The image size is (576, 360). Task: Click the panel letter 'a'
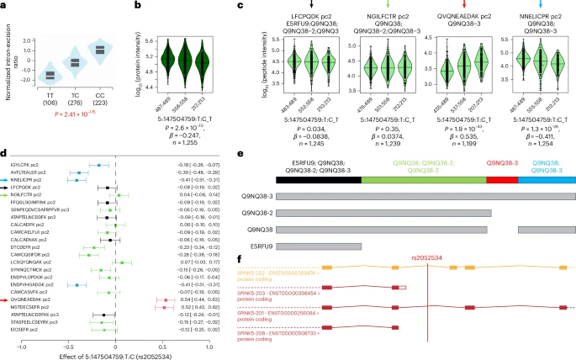pyautogui.click(x=5, y=7)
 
